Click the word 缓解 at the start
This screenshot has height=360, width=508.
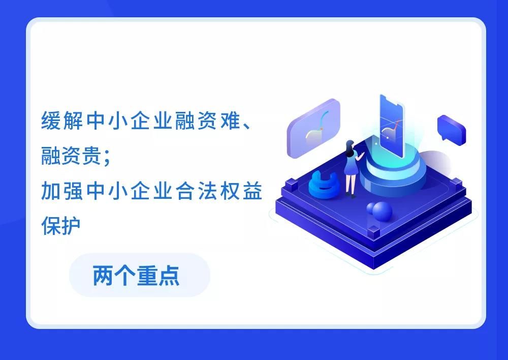coord(62,121)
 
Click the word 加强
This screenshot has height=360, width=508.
coord(62,191)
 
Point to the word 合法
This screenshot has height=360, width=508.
coord(196,191)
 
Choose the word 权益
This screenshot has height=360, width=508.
coord(241,191)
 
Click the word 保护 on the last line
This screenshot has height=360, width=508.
coord(61,226)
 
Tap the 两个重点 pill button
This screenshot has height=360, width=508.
coord(140,276)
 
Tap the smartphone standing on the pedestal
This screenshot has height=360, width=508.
coord(391,125)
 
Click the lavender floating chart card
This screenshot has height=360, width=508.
coord(313,128)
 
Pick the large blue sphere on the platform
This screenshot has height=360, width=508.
coord(383,211)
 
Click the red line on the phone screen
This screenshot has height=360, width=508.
coord(395,125)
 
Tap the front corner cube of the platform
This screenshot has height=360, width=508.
coord(373,232)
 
